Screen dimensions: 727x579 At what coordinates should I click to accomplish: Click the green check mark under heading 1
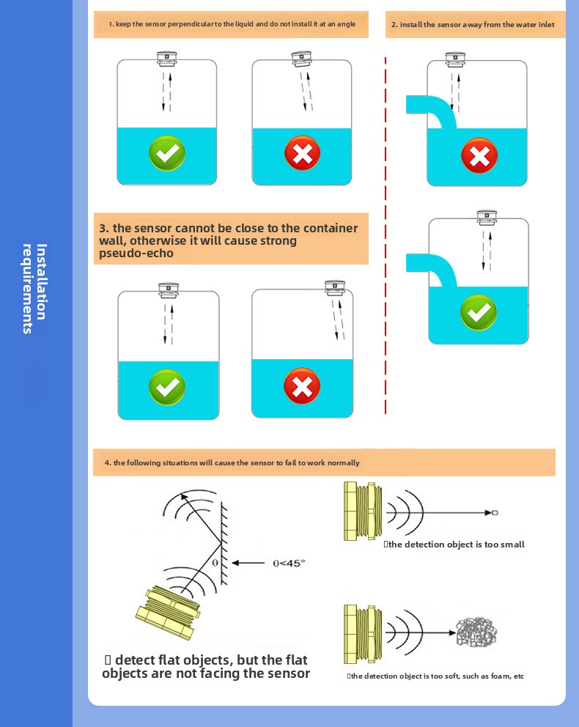point(167,154)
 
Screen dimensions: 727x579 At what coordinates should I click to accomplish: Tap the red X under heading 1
point(302,154)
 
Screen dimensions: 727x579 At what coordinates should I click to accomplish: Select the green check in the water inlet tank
point(479,313)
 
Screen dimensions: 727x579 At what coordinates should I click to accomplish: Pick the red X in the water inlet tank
point(479,156)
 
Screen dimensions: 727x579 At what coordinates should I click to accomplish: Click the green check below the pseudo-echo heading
point(167,388)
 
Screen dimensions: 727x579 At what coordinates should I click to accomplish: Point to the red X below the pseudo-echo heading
point(301,387)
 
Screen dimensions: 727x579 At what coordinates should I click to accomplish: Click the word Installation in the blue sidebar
point(42,281)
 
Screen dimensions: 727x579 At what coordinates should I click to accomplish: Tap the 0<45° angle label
point(287,563)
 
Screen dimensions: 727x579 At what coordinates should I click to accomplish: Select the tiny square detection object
point(495,512)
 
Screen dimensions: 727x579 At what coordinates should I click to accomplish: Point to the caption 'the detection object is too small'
point(455,545)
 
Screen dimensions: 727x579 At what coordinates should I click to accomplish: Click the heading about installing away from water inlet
point(473,25)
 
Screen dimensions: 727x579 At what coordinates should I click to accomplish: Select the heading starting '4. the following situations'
point(232,463)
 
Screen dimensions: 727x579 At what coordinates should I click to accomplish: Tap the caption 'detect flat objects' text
point(206,666)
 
